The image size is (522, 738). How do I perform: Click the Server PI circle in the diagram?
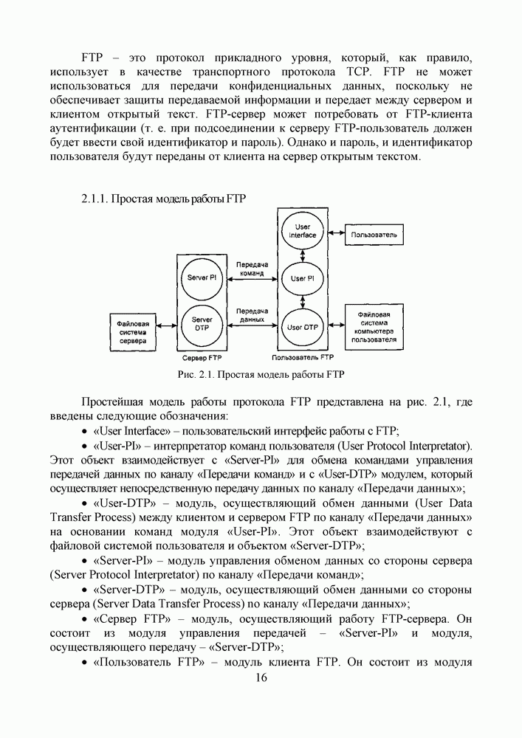tap(202, 277)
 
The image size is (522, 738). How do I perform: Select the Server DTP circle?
tap(202, 323)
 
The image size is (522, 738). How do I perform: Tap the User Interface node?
tap(301, 230)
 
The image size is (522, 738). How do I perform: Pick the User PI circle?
tap(302, 278)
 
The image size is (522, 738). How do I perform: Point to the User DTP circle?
tap(302, 325)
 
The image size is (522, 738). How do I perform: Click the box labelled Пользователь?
tap(374, 235)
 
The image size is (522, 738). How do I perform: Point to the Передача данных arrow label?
tap(252, 315)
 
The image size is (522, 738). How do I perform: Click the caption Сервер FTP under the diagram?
tap(202, 358)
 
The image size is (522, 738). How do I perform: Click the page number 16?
tap(261, 678)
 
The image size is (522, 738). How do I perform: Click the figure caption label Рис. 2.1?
tap(197, 374)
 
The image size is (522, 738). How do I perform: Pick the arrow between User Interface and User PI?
tap(302, 255)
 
